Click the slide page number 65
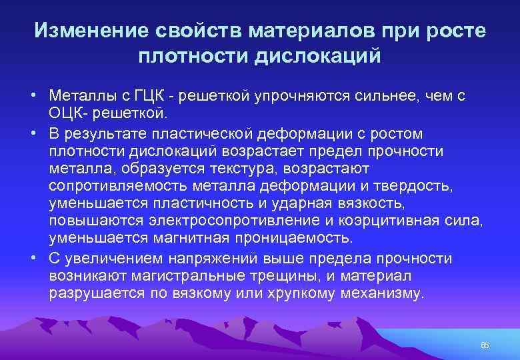pyautogui.click(x=485, y=345)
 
